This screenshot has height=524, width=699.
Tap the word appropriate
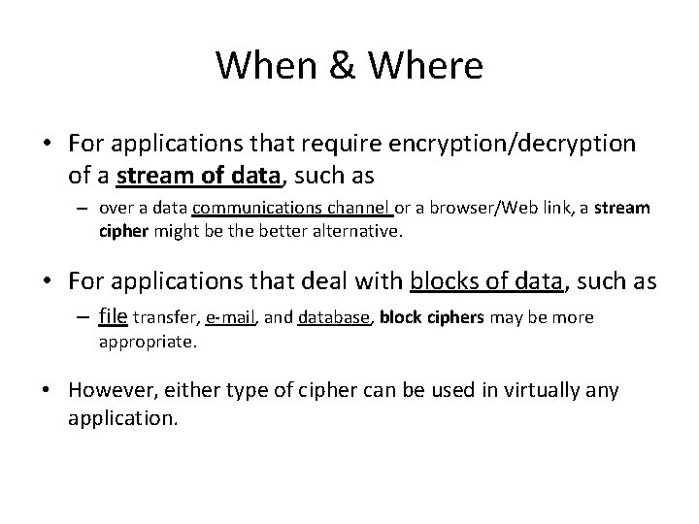coord(147,342)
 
